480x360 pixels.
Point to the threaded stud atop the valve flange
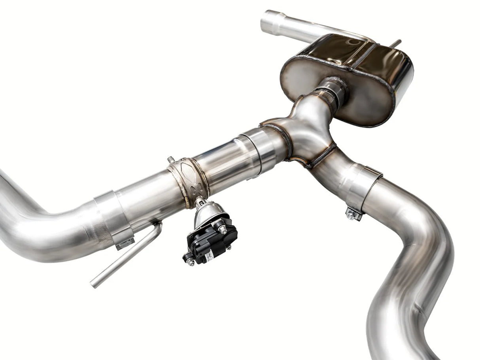(171, 159)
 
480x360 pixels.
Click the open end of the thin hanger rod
(93, 284)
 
